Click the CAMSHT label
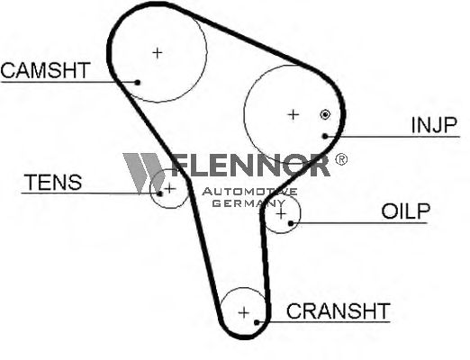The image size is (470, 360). click(46, 70)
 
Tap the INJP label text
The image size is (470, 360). click(434, 125)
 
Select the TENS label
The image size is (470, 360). click(53, 182)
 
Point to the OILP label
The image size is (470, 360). click(406, 211)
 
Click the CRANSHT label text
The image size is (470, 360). click(339, 310)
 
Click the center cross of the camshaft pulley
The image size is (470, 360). click(158, 53)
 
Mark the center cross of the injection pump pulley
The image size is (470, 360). click(294, 114)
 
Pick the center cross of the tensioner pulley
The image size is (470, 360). click(170, 188)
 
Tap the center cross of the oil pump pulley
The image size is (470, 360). click(281, 214)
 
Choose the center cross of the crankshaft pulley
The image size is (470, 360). click(244, 312)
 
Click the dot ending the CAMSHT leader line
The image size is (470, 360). click(138, 82)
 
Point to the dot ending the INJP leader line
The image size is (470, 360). click(325, 136)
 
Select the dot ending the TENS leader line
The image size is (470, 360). click(160, 193)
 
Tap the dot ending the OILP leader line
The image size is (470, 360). click(291, 223)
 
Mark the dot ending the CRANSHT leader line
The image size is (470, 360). click(257, 322)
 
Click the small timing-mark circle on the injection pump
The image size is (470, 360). click(325, 114)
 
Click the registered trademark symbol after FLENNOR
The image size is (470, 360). click(341, 159)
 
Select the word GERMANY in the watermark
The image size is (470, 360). click(249, 203)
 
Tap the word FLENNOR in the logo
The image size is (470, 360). click(250, 165)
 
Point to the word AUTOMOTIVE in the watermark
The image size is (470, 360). click(249, 192)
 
